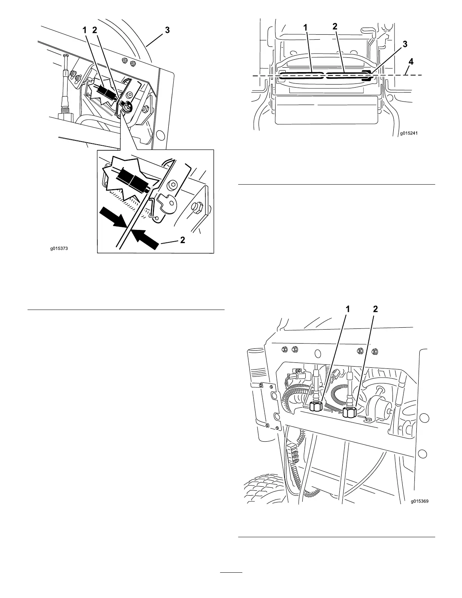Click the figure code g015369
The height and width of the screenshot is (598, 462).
tap(420, 502)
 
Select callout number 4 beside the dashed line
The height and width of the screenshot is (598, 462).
tap(411, 62)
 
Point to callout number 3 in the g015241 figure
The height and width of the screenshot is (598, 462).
tap(405, 44)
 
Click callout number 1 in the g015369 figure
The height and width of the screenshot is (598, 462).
tap(348, 309)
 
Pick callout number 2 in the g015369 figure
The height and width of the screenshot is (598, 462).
tap(375, 309)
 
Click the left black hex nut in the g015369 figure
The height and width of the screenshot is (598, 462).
tap(315, 407)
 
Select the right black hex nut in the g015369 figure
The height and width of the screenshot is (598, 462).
tap(350, 411)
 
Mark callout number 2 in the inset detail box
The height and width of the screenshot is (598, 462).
tap(182, 240)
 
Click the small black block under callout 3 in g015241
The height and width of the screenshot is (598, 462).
tap(367, 75)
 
